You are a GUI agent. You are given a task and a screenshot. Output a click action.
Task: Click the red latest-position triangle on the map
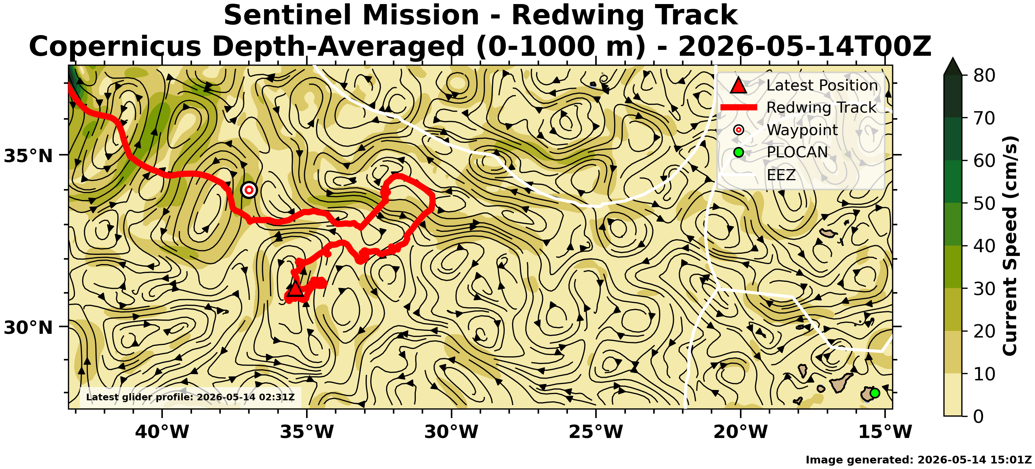click(295, 288)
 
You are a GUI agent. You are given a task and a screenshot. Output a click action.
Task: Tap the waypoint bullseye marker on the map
click(249, 190)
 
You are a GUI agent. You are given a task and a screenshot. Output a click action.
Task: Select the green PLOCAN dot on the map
click(875, 393)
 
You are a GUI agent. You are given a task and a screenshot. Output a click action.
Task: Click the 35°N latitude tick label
click(28, 156)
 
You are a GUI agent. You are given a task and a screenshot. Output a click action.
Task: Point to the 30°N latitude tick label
click(28, 328)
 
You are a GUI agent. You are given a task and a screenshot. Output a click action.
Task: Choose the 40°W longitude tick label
click(162, 432)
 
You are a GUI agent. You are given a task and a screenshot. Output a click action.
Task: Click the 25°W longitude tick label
click(596, 432)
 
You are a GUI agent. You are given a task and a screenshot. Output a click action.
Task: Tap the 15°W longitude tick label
click(885, 432)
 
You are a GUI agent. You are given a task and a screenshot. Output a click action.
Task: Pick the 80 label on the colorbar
click(984, 75)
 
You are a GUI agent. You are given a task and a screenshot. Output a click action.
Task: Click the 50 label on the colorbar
click(984, 203)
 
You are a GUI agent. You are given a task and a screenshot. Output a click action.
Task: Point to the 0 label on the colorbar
click(979, 416)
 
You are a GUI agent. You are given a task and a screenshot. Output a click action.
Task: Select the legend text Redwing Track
click(821, 108)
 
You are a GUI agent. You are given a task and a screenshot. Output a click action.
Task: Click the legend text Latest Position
click(822, 85)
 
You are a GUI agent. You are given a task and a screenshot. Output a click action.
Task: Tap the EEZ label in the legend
click(781, 175)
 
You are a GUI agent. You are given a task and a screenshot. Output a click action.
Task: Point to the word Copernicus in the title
click(115, 46)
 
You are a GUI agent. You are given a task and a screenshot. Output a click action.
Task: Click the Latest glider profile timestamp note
click(191, 397)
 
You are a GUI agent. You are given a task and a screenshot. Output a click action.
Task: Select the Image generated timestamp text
click(918, 460)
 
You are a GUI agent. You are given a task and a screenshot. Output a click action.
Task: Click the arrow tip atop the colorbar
click(953, 58)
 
